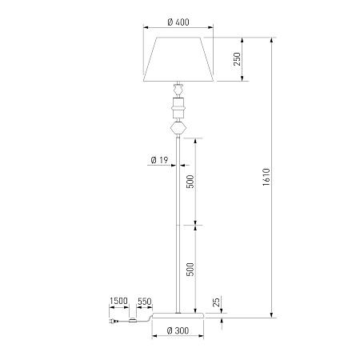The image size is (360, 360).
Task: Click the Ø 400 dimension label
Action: click(178, 22)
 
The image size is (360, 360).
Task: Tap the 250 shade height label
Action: click(237, 59)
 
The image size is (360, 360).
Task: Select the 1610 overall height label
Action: click(266, 177)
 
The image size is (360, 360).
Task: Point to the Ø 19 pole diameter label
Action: click(159, 160)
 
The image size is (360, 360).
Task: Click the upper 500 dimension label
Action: click(190, 182)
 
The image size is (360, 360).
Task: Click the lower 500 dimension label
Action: click(190, 270)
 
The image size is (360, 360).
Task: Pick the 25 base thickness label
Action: click(217, 302)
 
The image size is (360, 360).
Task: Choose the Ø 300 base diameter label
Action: click(178, 330)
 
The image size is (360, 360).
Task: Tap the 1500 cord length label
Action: click(118, 301)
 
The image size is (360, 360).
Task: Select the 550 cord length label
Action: click(144, 302)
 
